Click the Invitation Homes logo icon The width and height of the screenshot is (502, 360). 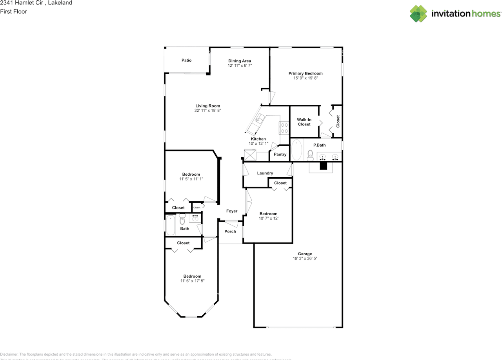click(x=418, y=14)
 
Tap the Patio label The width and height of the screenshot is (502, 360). click(x=186, y=60)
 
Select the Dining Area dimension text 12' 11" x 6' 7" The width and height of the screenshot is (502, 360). click(x=239, y=65)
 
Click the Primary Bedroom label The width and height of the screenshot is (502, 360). click(x=306, y=73)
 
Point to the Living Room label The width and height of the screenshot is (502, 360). click(x=207, y=106)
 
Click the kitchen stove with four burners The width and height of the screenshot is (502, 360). click(x=284, y=128)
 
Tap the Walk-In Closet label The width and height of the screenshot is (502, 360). click(x=304, y=122)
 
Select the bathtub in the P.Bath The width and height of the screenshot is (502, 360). click(x=297, y=150)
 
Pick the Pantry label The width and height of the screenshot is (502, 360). click(x=280, y=155)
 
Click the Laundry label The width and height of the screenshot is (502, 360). click(x=265, y=173)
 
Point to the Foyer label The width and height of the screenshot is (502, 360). click(x=231, y=211)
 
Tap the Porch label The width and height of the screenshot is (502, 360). click(x=230, y=231)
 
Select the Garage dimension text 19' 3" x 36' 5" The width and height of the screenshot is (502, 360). click(x=302, y=258)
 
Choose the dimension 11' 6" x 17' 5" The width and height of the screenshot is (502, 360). click(x=192, y=281)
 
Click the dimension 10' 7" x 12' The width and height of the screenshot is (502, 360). click(x=268, y=218)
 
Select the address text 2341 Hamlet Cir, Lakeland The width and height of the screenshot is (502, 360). click(x=36, y=3)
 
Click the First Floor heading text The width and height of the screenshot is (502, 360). click(x=13, y=11)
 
